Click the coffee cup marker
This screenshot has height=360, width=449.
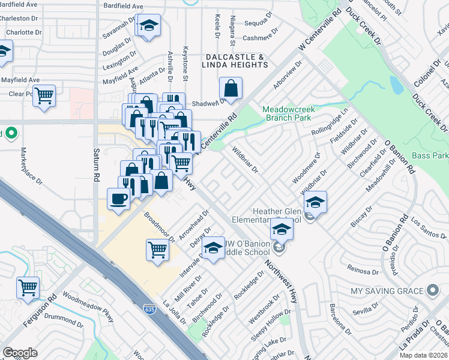point(118,199)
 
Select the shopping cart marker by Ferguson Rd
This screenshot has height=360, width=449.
point(28,288)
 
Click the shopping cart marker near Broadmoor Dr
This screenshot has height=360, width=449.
point(157,249)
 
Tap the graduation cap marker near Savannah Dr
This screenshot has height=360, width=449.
point(148,26)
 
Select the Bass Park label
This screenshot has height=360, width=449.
point(430,155)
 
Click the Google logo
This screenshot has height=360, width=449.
point(20,353)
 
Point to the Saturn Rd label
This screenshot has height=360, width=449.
point(96,166)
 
